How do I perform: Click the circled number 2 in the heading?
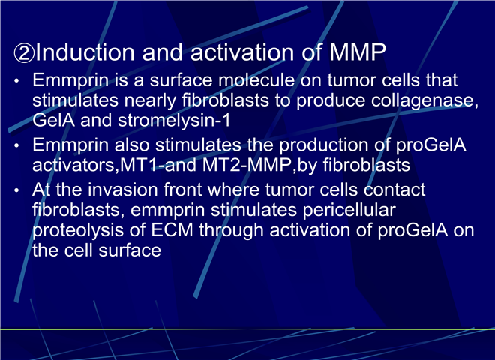pos(24,53)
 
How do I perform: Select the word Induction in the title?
pos(85,52)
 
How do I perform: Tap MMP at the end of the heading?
pos(358,52)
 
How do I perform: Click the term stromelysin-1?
pos(174,121)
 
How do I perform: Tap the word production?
pos(324,145)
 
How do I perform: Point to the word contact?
pos(394,190)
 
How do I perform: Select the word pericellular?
pos(349,210)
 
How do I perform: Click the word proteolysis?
pos(78,230)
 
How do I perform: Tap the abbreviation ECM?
pos(172,230)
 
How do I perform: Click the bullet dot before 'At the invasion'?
pos(16,190)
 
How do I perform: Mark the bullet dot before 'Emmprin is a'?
pos(16,81)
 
